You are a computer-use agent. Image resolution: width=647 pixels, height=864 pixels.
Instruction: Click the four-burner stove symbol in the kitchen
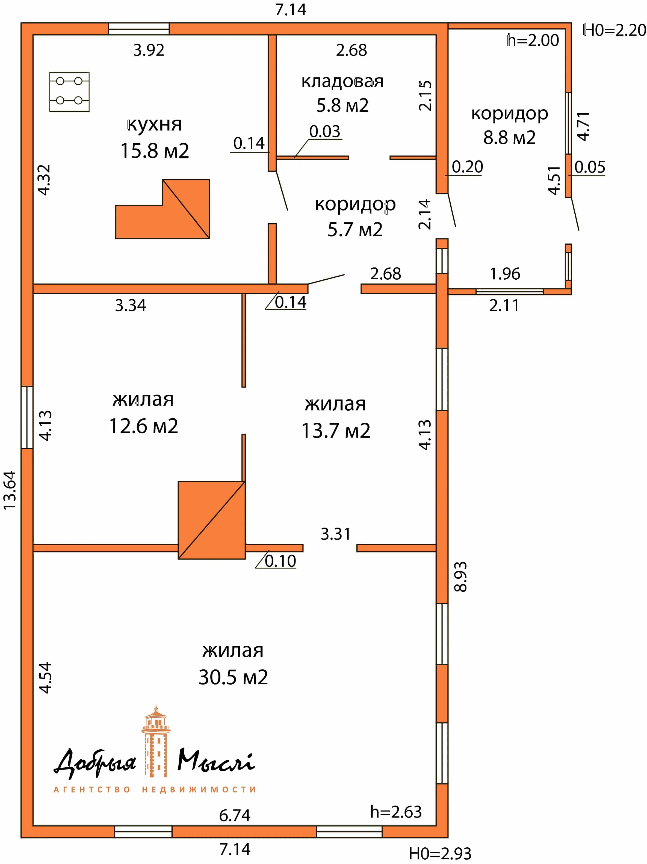click(69, 92)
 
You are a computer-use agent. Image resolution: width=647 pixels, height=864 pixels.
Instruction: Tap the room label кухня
click(154, 124)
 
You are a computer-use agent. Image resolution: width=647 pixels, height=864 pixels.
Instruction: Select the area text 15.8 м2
click(154, 150)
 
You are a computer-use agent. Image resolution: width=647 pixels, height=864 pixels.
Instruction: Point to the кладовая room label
click(342, 81)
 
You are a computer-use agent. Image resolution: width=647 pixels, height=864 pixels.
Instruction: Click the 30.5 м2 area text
click(233, 677)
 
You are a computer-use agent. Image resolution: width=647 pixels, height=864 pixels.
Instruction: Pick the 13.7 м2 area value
click(336, 430)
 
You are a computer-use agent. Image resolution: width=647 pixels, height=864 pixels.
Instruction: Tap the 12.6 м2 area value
click(143, 426)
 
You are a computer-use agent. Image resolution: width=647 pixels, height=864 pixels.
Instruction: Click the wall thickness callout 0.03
click(325, 131)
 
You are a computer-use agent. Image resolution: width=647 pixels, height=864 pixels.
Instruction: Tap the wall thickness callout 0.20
click(467, 167)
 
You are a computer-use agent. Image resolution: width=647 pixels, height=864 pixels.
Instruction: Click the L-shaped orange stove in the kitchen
click(163, 209)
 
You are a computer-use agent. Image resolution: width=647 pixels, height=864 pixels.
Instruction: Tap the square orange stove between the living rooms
click(212, 520)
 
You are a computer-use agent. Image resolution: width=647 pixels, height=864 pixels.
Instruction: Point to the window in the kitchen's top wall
click(139, 29)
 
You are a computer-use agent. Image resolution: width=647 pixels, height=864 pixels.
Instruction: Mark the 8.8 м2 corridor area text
click(509, 137)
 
